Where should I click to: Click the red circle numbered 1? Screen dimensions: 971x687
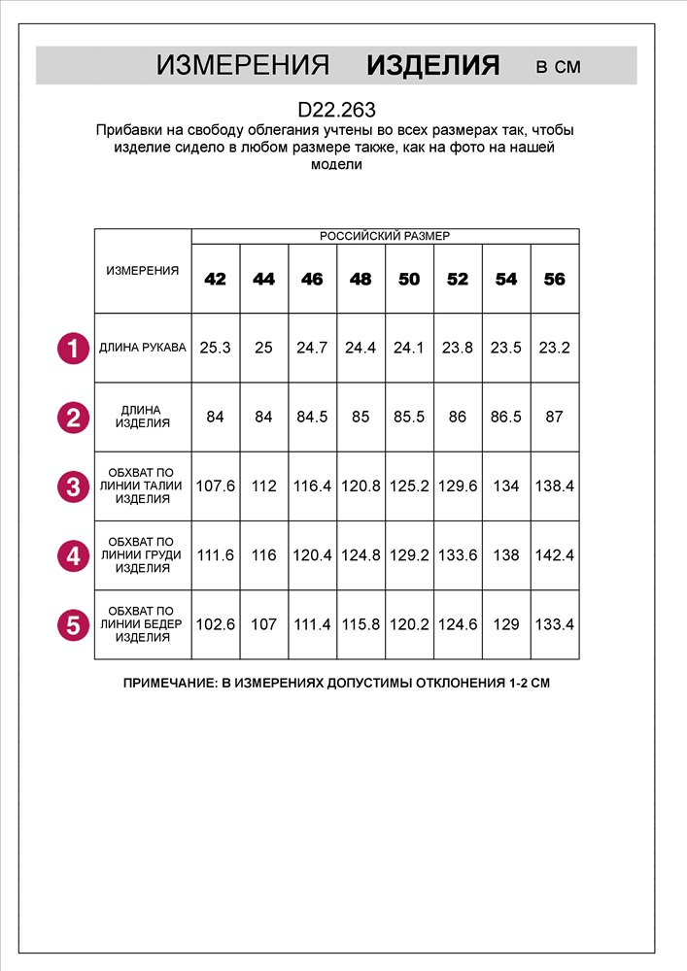[x=73, y=348]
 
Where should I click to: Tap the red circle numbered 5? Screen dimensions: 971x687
[x=73, y=625]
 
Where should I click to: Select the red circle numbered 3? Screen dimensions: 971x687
[x=73, y=486]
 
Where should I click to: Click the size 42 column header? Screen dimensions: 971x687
[x=216, y=280]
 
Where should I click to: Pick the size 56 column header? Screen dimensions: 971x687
[x=554, y=280]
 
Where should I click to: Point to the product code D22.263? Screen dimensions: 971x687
[x=336, y=111]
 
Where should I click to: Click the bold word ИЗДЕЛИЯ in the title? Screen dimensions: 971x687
[x=433, y=66]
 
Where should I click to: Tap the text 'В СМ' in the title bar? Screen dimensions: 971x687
[x=559, y=67]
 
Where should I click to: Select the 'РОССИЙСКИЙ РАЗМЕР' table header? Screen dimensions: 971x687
[x=385, y=236]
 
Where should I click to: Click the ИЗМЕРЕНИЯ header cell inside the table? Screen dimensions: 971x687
[x=143, y=271]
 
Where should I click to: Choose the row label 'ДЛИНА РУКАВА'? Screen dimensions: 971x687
[x=143, y=348]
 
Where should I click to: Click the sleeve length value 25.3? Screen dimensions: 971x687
[x=216, y=348]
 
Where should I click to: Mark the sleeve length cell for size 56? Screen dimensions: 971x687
[x=554, y=348]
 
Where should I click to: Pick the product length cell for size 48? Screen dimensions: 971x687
[x=361, y=418]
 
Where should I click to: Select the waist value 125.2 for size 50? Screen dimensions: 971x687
[x=409, y=486]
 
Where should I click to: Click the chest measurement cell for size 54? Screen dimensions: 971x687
[x=506, y=555]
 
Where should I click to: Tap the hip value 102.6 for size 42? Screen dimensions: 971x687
[x=216, y=625]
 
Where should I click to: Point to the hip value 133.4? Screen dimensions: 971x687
[x=554, y=625]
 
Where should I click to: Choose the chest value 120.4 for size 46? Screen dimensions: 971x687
[x=312, y=555]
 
